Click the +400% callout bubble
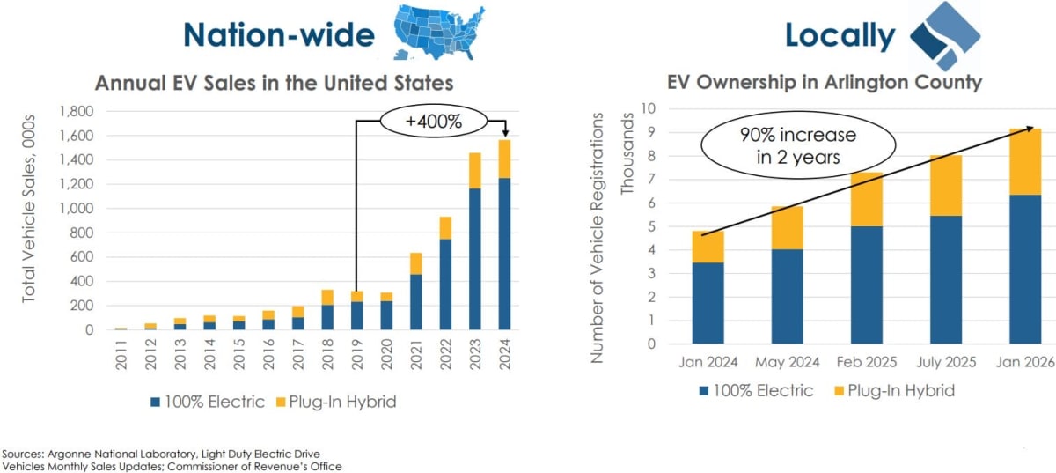(434, 122)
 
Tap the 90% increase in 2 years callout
(796, 146)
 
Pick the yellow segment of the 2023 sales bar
(474, 170)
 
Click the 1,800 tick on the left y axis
(76, 112)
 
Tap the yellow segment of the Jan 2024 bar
(708, 247)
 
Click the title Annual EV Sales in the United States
(274, 83)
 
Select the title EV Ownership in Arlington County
(825, 83)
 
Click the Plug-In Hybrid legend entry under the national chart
(339, 402)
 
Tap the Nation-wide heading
(278, 34)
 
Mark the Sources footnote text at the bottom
(172, 458)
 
